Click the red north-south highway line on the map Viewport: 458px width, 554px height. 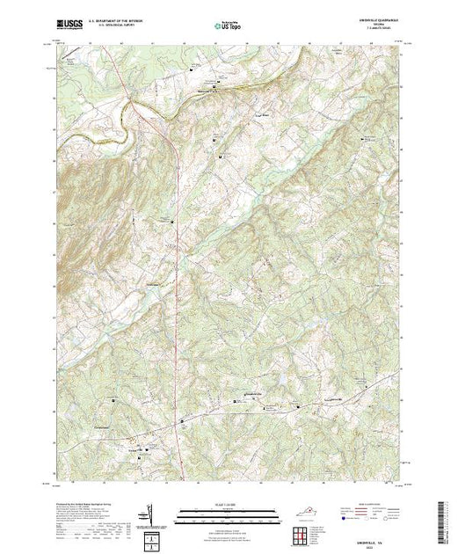pos(178,264)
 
